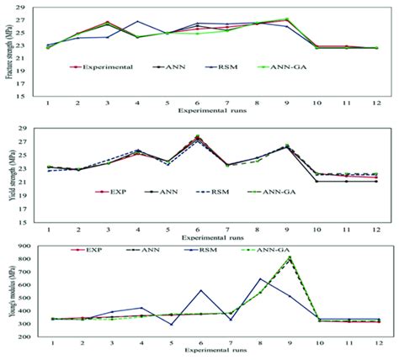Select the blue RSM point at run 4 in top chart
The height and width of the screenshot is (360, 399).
(x=138, y=22)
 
